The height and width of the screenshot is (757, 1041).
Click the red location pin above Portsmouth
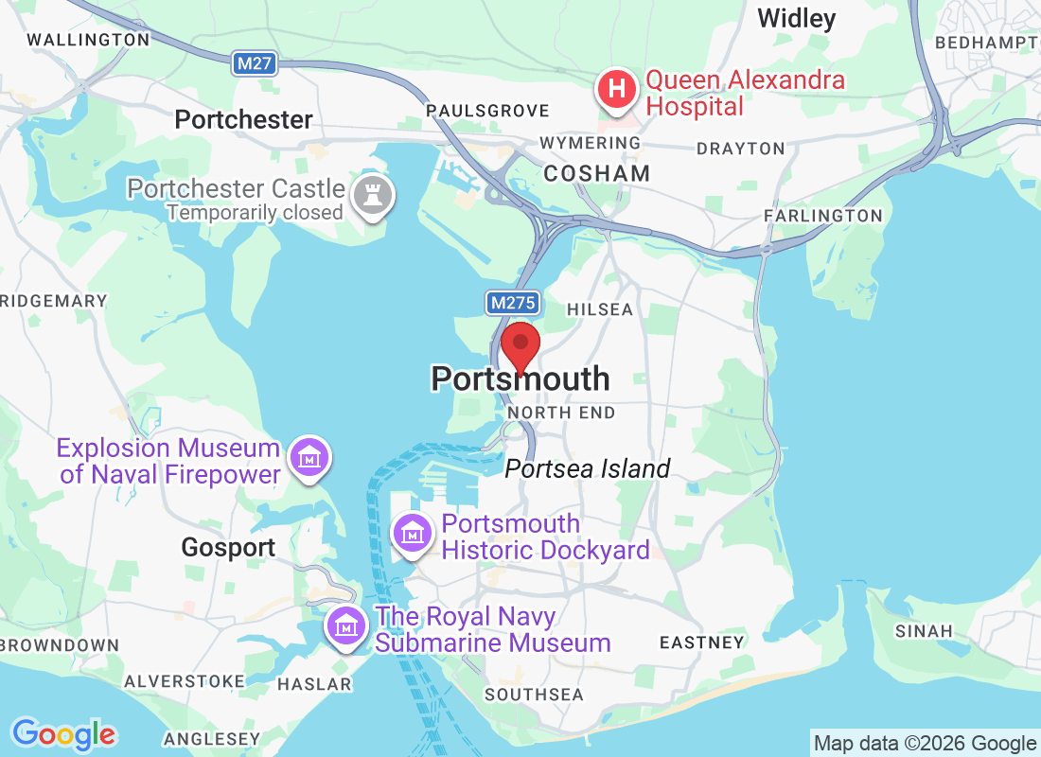[520, 345]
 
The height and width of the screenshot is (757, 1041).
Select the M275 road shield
[514, 303]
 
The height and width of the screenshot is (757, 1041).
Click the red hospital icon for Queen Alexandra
[616, 91]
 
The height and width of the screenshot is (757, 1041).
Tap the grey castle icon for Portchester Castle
[373, 196]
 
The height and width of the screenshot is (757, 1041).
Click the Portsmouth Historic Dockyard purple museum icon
[414, 534]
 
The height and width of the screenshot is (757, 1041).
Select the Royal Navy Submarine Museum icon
[347, 626]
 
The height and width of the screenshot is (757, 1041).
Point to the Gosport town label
[229, 547]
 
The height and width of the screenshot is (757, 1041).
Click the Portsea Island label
[587, 468]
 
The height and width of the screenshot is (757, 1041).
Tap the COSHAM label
[597, 173]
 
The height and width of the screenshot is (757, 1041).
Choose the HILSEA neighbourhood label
[599, 309]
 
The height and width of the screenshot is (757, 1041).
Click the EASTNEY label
[701, 643]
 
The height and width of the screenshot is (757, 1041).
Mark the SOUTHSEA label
[534, 694]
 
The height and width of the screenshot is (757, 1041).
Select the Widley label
[797, 18]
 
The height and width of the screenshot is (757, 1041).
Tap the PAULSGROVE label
[487, 111]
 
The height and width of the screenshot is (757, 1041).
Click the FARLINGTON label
[822, 216]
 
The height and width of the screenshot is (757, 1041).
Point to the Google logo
[64, 734]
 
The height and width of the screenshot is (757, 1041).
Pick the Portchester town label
[243, 119]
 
